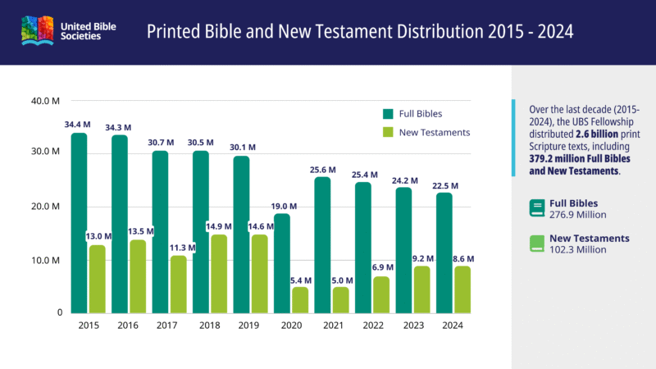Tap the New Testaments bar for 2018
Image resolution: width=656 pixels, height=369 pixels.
click(219, 273)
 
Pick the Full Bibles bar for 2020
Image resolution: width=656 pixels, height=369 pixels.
click(281, 262)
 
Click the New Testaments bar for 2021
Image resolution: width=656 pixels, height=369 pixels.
click(340, 299)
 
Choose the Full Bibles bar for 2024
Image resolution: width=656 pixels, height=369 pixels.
click(444, 253)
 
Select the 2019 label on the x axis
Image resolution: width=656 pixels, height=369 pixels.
click(249, 325)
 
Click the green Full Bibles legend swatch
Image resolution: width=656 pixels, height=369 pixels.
click(388, 113)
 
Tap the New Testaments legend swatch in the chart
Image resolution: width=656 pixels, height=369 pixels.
click(388, 132)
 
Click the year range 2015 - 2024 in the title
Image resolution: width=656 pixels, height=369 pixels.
click(517, 32)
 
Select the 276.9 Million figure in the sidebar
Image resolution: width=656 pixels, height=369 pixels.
click(578, 215)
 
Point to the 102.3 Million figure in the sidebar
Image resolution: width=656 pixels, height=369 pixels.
click(579, 249)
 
